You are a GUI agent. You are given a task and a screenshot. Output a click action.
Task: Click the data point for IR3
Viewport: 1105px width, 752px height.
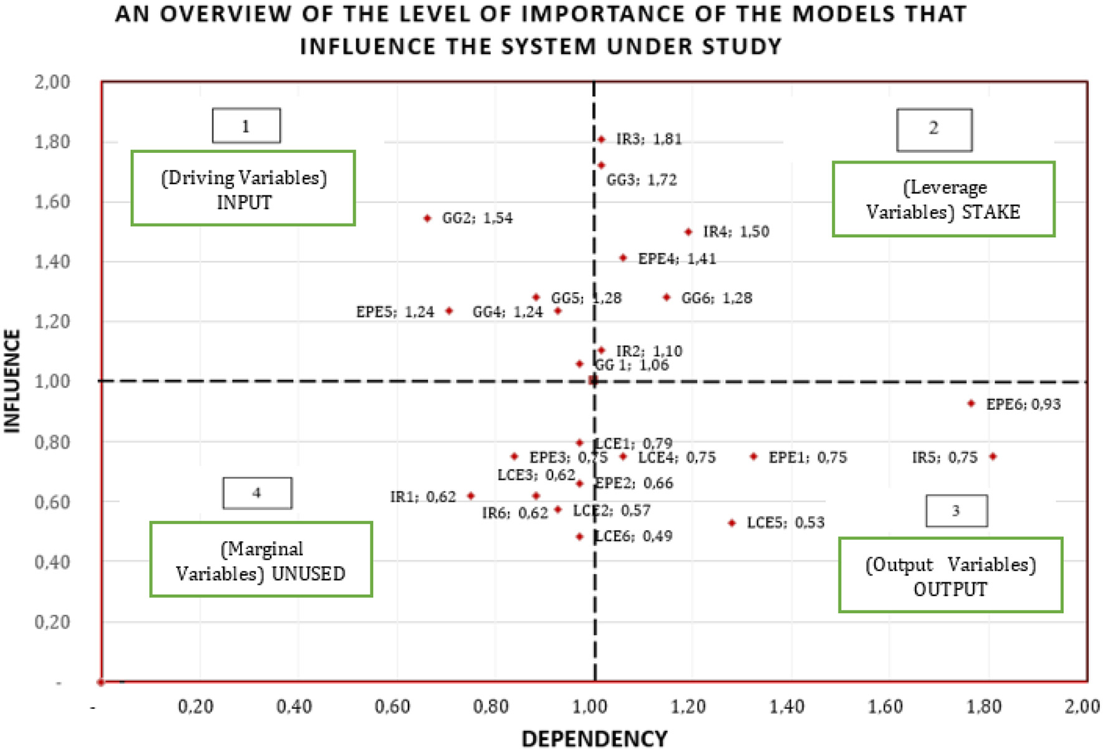point(601,139)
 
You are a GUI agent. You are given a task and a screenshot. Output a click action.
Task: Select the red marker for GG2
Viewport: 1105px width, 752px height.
point(427,218)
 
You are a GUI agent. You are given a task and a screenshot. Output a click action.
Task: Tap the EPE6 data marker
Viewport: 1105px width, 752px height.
point(971,404)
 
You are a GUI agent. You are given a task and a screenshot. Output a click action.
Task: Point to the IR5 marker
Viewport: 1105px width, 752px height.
point(993,457)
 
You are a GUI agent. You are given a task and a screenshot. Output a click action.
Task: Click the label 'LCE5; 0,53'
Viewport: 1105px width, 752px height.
point(785,522)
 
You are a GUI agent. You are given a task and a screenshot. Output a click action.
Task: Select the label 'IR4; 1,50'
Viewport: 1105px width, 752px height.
point(736,232)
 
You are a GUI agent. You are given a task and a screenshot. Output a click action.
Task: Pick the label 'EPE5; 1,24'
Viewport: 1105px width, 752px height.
point(395,311)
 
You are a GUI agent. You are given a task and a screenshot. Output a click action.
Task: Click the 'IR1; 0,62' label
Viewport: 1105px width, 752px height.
point(423,497)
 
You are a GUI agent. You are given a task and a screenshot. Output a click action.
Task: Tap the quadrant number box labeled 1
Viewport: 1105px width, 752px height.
point(246,126)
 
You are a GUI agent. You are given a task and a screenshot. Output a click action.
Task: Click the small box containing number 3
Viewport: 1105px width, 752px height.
point(956,511)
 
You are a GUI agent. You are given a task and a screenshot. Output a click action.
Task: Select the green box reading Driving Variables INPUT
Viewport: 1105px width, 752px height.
point(243,188)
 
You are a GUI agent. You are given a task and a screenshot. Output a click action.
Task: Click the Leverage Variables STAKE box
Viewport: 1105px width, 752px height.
point(943,199)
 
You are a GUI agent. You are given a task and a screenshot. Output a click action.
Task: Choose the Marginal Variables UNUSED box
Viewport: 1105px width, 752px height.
point(261,560)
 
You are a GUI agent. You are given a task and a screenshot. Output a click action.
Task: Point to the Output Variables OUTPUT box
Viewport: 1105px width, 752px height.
point(950,575)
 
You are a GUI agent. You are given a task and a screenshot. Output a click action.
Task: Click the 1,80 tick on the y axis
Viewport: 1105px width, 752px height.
point(52,142)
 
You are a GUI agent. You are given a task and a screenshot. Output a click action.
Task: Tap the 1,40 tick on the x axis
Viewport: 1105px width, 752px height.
point(786,706)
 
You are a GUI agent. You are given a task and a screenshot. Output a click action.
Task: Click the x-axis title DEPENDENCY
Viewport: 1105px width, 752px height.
point(594,739)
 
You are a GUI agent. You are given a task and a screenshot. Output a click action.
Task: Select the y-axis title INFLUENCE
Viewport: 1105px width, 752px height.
point(12,381)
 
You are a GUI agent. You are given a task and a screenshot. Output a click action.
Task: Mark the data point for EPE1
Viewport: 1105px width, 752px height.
point(753,457)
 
